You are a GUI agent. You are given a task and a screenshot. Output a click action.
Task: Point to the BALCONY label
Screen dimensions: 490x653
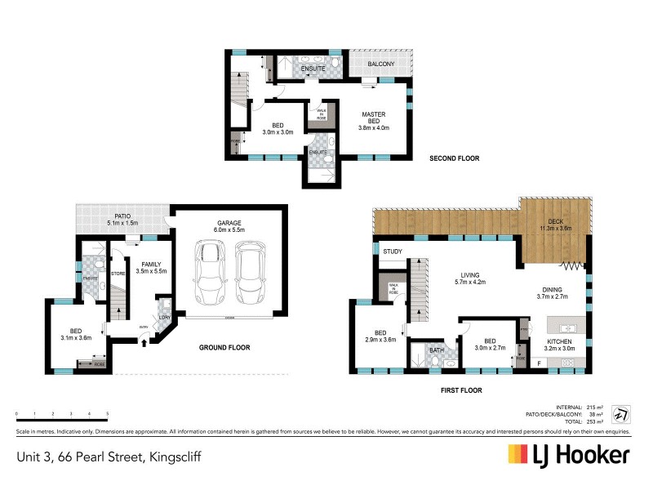380,64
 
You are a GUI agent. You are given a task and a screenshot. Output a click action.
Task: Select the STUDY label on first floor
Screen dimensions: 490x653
392,252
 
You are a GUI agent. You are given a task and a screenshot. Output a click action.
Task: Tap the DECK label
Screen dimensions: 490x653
554,221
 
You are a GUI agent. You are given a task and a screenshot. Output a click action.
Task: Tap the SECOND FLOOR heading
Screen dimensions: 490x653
455,158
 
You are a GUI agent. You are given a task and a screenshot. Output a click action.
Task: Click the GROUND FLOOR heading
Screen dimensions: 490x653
224,347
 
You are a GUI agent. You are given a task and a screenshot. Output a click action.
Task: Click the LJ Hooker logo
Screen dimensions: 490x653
568,455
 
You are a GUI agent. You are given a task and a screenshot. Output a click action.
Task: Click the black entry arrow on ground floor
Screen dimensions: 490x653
144,342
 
